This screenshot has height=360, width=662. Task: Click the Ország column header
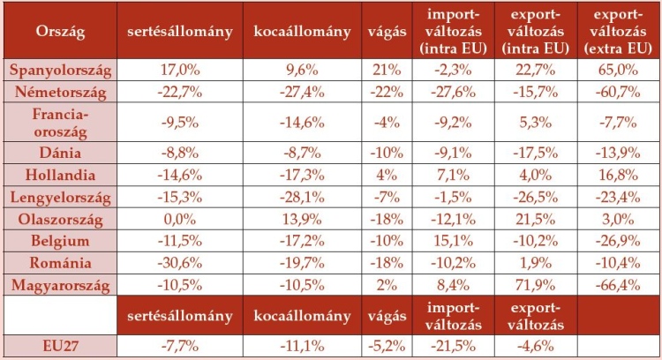(60, 31)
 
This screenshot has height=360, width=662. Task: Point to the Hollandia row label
(60, 175)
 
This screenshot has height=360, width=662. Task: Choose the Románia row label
(60, 262)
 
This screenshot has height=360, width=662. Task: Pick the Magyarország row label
(60, 283)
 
